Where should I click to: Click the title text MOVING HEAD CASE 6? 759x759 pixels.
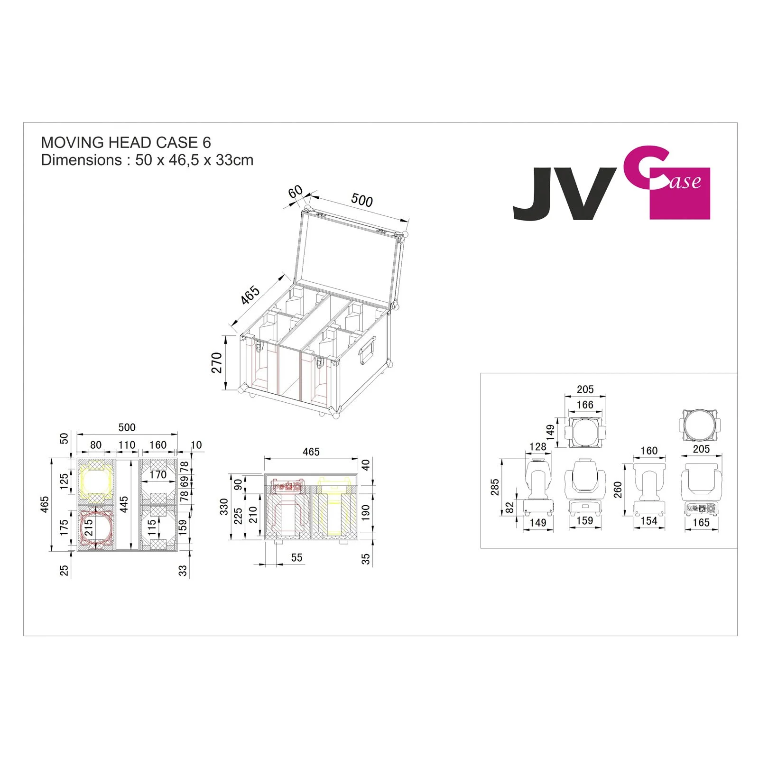126,142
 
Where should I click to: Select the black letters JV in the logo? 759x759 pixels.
562,194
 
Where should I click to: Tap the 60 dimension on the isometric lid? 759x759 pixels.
295,192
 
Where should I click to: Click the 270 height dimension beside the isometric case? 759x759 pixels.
217,362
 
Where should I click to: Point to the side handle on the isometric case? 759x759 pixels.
368,351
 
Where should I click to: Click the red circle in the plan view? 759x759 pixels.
96,527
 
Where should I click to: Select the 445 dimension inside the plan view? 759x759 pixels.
124,504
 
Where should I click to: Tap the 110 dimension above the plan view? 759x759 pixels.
127,445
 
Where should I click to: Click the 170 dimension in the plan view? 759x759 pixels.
158,474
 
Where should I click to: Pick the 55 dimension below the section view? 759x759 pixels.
296,557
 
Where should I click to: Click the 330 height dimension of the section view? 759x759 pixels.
224,507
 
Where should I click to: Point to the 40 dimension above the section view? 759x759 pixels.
366,464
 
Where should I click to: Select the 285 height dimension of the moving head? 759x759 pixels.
495,487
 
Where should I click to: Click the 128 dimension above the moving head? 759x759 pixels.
537,447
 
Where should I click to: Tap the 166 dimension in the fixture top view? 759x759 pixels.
585,405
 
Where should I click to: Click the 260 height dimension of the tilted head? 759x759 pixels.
617,489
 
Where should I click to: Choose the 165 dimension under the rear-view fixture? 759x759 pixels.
701,523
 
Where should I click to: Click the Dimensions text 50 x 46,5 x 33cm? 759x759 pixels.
147,160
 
